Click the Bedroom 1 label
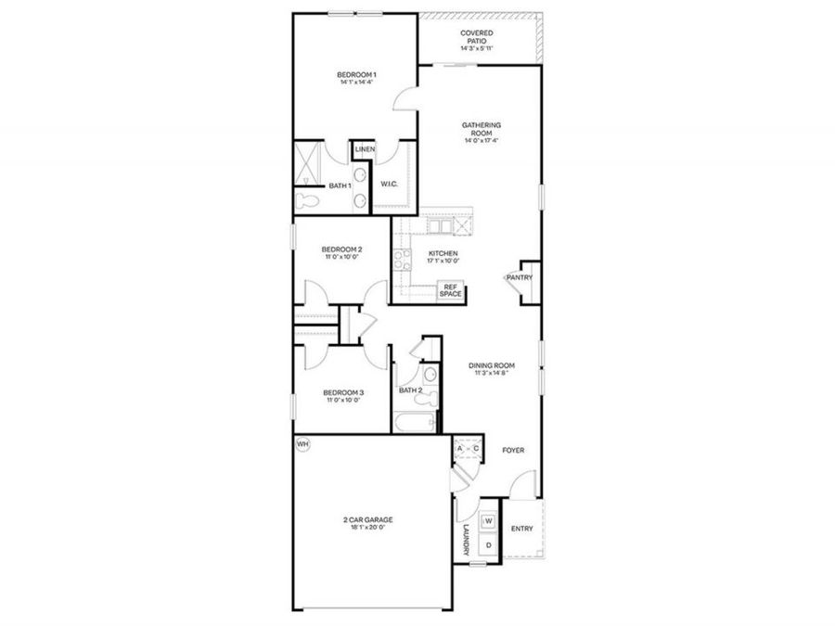pos(356,74)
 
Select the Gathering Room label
pos(482,129)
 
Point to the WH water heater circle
pos(302,444)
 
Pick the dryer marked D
pos(488,545)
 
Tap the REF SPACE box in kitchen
pos(450,290)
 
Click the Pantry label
pos(518,277)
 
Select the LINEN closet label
pos(364,149)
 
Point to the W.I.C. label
pos(389,184)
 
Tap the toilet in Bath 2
pos(429,376)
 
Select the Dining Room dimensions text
pos(491,374)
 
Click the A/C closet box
pos(467,450)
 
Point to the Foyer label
pos(513,451)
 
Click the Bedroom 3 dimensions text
pos(344,402)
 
